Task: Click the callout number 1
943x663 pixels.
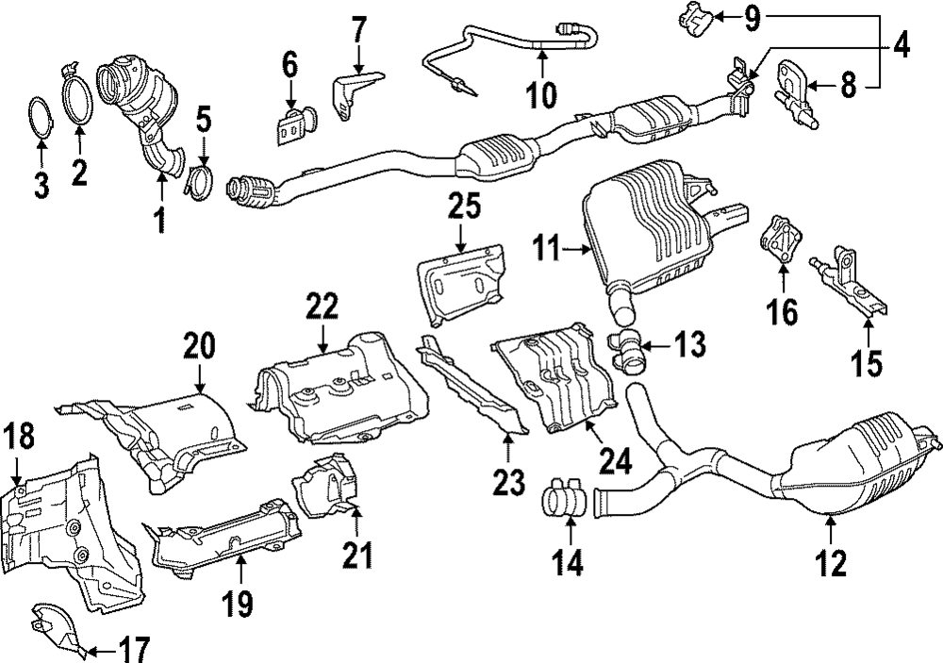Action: [x=158, y=220]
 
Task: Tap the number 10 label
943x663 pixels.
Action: [x=542, y=93]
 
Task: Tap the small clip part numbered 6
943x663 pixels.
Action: [x=293, y=125]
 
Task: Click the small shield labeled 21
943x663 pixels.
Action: [x=324, y=485]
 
